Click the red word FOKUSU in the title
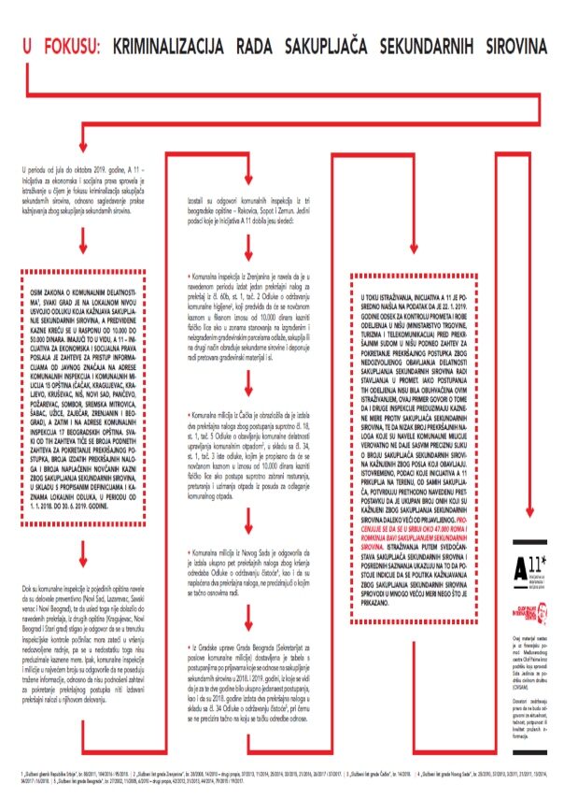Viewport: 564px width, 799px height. coord(72,44)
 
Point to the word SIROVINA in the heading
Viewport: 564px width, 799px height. coord(508,44)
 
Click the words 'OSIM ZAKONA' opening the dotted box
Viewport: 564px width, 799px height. coord(47,292)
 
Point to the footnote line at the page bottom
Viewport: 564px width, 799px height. coord(281,778)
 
